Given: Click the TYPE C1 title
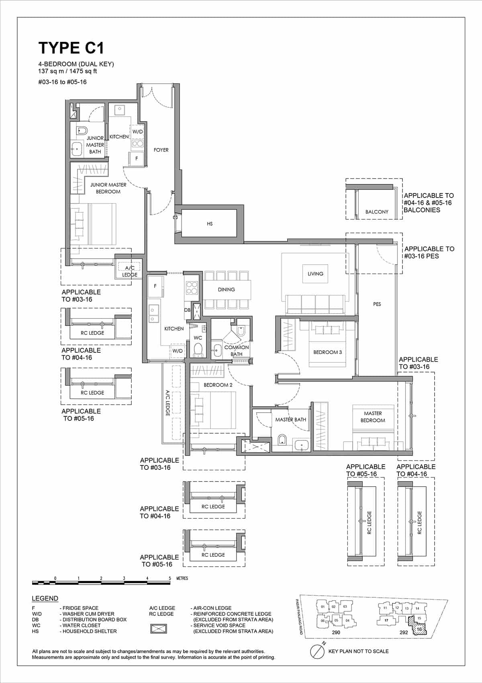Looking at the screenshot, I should pos(71,48).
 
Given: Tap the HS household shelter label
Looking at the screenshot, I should pos(210,224).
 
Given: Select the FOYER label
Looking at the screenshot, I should pos(161,150).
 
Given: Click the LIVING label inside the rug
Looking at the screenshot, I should pos(315,274).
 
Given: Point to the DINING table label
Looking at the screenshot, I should pos(227,289).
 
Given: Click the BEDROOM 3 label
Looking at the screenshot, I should pos(327,352).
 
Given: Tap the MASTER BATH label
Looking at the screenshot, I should pos(290,420).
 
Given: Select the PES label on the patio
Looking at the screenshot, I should pos(377,304).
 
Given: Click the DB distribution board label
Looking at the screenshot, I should pos(187,310).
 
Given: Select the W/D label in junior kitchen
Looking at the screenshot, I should pos(137,132).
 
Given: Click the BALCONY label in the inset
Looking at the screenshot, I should pos(377,212).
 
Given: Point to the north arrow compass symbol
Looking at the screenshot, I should pos(317,651).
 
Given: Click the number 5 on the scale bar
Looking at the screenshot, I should pos(170,578).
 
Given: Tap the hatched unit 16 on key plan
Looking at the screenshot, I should pos(419,628).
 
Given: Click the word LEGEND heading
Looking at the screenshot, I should pos(45,598).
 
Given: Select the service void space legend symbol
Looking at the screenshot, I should pos(158,628).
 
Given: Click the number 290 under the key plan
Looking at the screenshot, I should pos(336,632).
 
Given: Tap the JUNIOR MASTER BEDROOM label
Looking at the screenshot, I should pos(108,188).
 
